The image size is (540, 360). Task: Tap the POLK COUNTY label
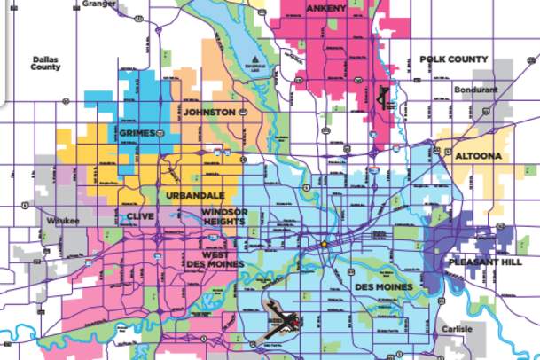pyautogui.click(x=453, y=59)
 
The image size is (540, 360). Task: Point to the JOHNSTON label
pyautogui.click(x=209, y=113)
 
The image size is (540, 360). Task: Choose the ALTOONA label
pyautogui.click(x=477, y=156)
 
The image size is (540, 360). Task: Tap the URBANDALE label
pyautogui.click(x=194, y=194)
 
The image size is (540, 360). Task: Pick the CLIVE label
pyautogui.click(x=140, y=215)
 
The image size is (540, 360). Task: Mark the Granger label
pyautogui.click(x=98, y=4)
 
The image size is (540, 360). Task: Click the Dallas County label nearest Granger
pyautogui.click(x=45, y=64)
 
